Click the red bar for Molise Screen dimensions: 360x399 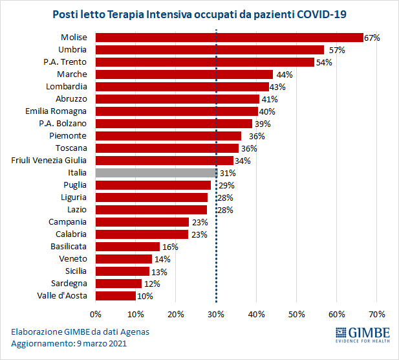229,38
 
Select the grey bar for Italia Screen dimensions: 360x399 156,173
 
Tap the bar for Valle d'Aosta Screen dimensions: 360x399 116,296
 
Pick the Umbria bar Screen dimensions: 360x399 210,50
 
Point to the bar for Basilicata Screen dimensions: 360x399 127,247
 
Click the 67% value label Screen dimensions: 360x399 372,38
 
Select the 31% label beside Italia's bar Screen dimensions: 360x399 227,174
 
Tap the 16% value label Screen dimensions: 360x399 169,247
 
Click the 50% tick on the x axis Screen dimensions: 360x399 296,315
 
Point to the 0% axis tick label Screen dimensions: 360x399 96,315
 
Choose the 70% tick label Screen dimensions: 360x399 376,315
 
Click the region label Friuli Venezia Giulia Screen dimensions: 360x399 49,161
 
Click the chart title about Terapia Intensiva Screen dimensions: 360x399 199,14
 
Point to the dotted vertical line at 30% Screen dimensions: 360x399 216,259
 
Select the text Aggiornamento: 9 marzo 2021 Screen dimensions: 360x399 69,344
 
